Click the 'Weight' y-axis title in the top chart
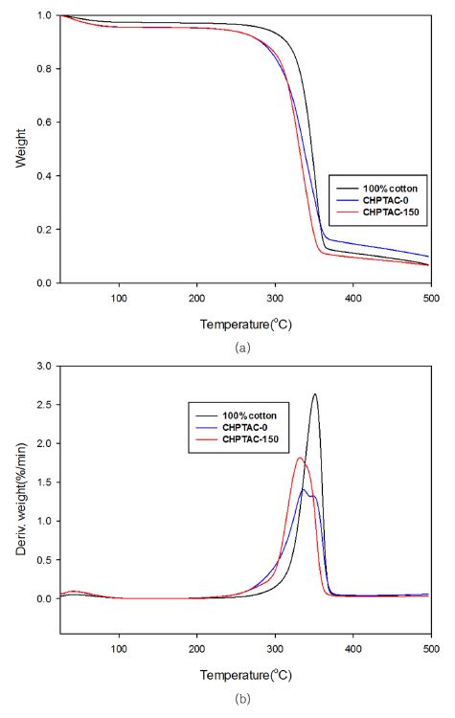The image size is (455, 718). tap(20, 149)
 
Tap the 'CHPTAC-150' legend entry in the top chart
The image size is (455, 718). tap(390, 212)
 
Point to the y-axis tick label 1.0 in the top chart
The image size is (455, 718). tap(43, 16)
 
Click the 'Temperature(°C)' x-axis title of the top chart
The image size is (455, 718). tap(245, 324)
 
